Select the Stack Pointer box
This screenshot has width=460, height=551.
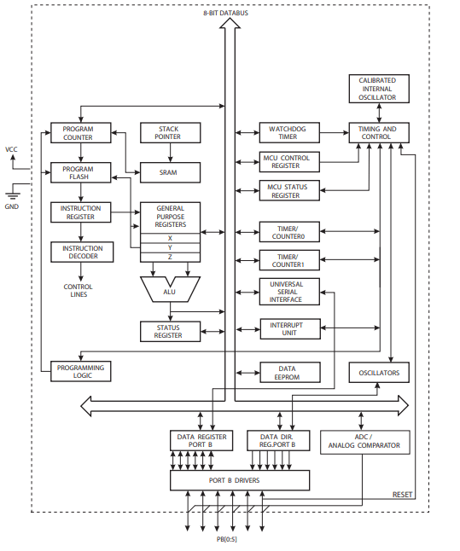click(169, 133)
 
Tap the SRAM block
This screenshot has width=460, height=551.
click(169, 172)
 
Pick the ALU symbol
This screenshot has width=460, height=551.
click(169, 290)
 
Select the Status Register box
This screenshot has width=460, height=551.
click(169, 331)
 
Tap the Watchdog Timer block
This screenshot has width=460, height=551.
click(288, 133)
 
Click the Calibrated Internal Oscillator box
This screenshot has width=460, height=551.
click(377, 89)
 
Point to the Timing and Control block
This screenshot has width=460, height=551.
click(377, 133)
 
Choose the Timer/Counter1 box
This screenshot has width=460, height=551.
click(288, 259)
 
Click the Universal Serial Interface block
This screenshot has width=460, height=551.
click(288, 293)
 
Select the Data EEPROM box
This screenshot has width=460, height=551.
click(288, 372)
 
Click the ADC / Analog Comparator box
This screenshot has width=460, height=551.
click(364, 441)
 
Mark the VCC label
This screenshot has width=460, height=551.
click(11, 149)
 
